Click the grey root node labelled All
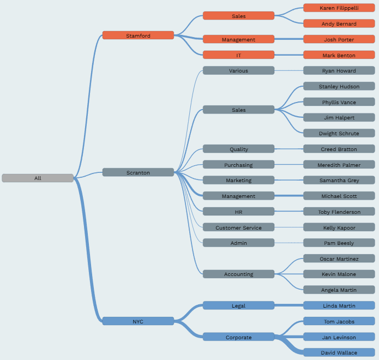(x=38, y=178)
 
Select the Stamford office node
(x=138, y=35)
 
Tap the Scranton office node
(x=138, y=172)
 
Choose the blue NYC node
(x=138, y=321)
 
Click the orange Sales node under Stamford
(x=238, y=16)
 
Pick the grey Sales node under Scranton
(x=238, y=110)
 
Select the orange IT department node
(x=238, y=55)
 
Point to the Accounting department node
(x=238, y=274)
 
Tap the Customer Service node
(x=238, y=227)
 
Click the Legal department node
(x=238, y=305)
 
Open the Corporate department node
(x=238, y=337)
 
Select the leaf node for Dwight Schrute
(x=339, y=133)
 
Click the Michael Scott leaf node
(x=339, y=196)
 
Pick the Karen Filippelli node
(x=339, y=8)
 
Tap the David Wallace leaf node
(x=339, y=352)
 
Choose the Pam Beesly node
(x=339, y=243)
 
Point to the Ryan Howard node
(x=339, y=70)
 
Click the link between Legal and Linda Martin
(x=289, y=305)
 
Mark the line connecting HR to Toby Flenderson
(x=289, y=212)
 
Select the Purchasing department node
(x=238, y=165)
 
